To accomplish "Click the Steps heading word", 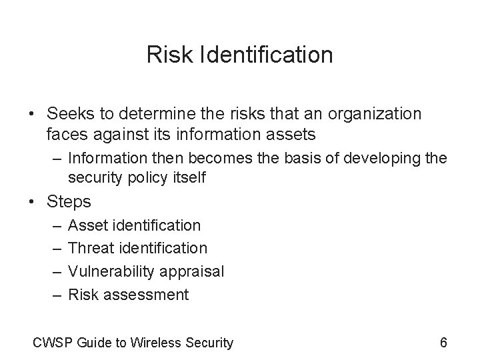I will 69,201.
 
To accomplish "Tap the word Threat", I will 91,248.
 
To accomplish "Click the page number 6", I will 444,343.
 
